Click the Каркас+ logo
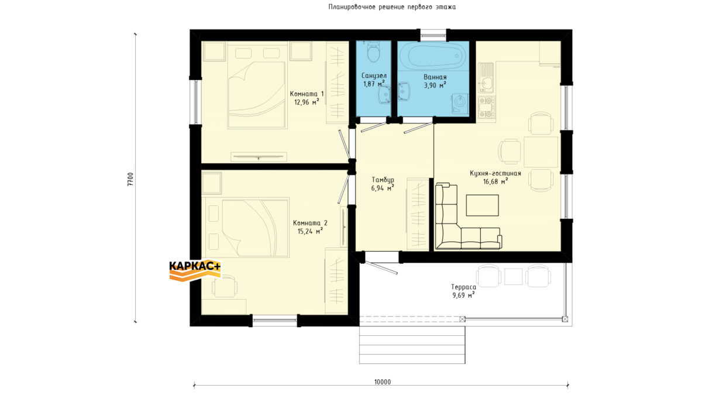pyautogui.click(x=195, y=270)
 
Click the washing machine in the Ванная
pyautogui.click(x=460, y=103)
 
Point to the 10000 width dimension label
pyautogui.click(x=383, y=382)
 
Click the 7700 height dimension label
pyautogui.click(x=130, y=179)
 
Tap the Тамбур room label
pyautogui.click(x=383, y=180)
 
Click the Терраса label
pyautogui.click(x=463, y=287)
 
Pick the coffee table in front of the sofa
pyautogui.click(x=482, y=205)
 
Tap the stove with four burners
pyautogui.click(x=486, y=108)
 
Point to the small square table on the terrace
pyautogui.click(x=514, y=276)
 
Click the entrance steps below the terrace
pyautogui.click(x=412, y=345)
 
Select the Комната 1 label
pyautogui.click(x=307, y=94)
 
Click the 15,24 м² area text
pyautogui.click(x=310, y=231)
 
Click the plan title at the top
pyautogui.click(x=392, y=7)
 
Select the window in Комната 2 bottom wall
pyautogui.click(x=275, y=321)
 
